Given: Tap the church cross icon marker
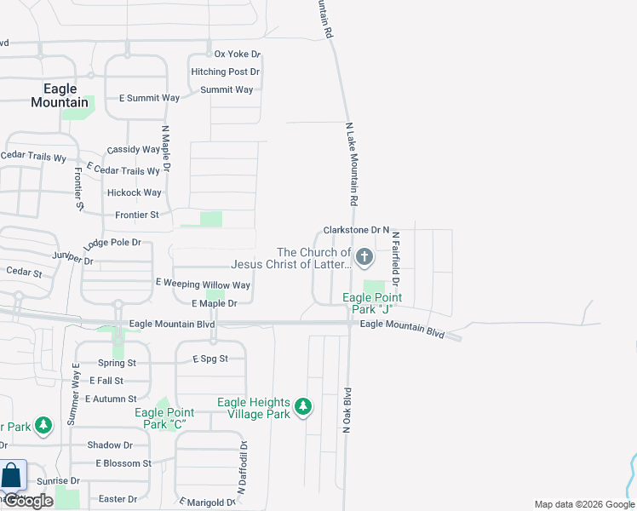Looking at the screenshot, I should click(364, 256).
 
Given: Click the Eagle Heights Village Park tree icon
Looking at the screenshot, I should click(302, 408).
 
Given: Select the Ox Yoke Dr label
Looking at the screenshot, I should click(238, 55).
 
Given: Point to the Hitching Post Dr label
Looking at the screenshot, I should click(225, 72).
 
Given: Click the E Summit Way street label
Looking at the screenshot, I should click(149, 98).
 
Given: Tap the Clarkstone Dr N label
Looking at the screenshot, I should click(356, 231).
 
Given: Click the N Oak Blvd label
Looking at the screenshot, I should click(347, 411).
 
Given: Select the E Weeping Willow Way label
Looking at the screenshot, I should click(203, 285).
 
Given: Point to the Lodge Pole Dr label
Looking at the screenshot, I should click(112, 243).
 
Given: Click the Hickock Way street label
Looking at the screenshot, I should click(135, 193).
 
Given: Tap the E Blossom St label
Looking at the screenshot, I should click(123, 463).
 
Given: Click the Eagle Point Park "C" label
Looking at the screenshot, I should click(160, 418).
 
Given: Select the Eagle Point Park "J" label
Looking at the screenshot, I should click(371, 303).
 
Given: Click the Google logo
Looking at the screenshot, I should click(27, 501).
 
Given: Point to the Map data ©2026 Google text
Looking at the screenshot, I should click(583, 504).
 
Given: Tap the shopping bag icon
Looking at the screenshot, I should click(12, 477).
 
